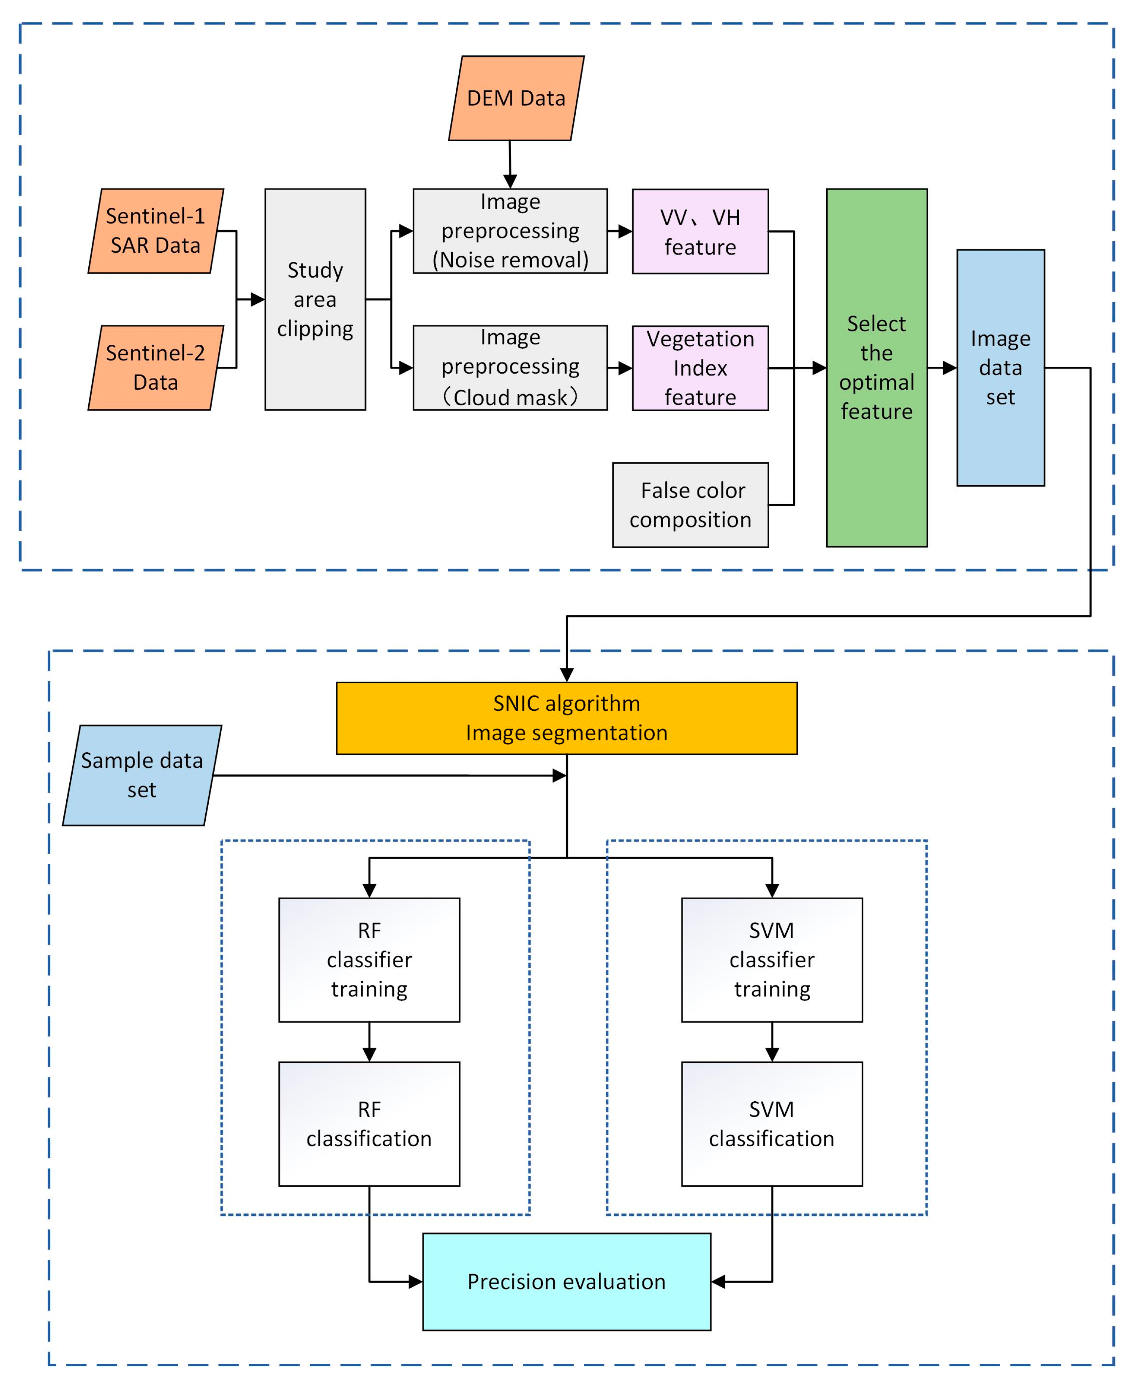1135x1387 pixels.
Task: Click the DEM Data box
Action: (x=516, y=98)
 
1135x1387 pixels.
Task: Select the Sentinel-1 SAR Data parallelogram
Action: (x=155, y=231)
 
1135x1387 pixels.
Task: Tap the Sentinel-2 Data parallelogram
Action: (x=155, y=368)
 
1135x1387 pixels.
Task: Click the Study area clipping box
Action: (x=315, y=300)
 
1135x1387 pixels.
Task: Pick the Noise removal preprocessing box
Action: (x=510, y=231)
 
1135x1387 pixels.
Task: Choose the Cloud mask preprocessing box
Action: (x=510, y=368)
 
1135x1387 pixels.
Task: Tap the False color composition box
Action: (x=690, y=505)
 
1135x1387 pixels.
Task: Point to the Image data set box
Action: (x=1000, y=368)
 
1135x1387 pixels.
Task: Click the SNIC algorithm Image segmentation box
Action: (x=566, y=718)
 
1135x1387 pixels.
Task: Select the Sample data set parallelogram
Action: (x=142, y=775)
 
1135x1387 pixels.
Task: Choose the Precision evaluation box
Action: (x=566, y=1282)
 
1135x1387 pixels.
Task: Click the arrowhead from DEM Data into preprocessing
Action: (x=510, y=181)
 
